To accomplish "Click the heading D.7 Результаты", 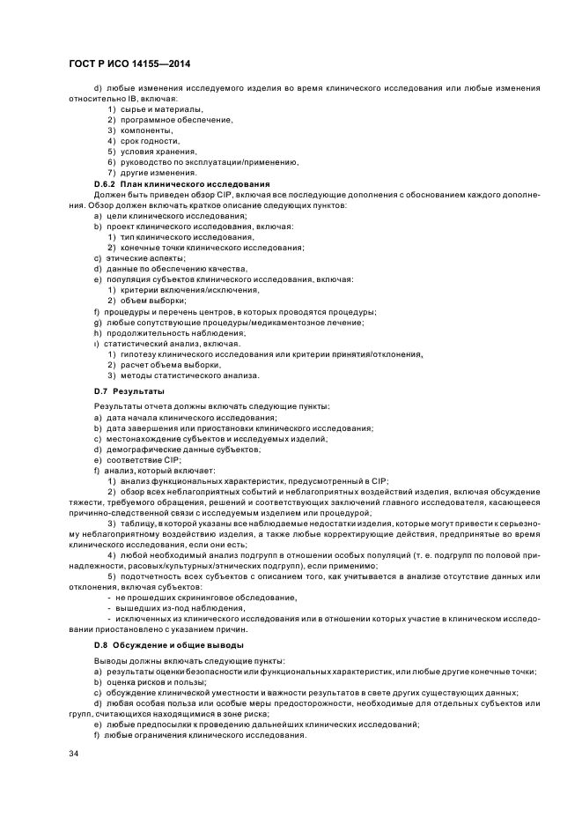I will pos(129,390).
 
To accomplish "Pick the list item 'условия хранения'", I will pos(151,151).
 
